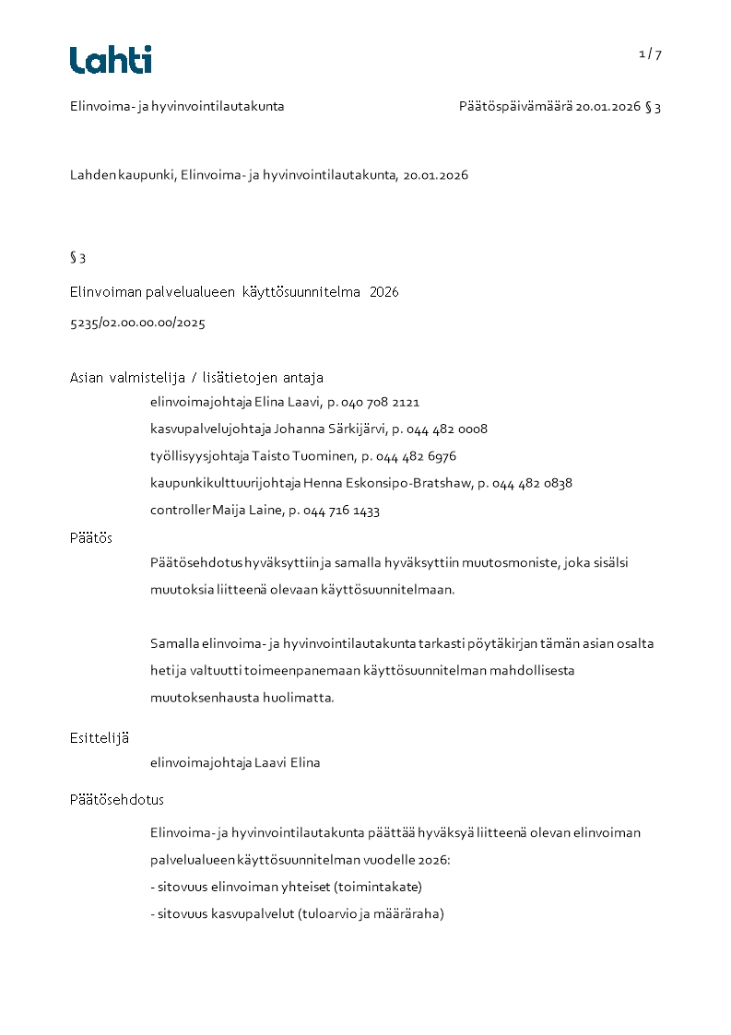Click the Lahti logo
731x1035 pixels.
pyautogui.click(x=111, y=60)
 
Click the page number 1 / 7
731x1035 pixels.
pyautogui.click(x=650, y=53)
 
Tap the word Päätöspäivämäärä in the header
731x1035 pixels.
pyautogui.click(x=515, y=106)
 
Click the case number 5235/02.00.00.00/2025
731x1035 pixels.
pyautogui.click(x=137, y=323)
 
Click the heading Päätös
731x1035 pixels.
pyautogui.click(x=91, y=537)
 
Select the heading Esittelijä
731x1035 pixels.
pyautogui.click(x=100, y=737)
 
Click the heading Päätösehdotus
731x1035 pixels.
pyautogui.click(x=116, y=800)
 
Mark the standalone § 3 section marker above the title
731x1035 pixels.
pyautogui.click(x=78, y=258)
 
